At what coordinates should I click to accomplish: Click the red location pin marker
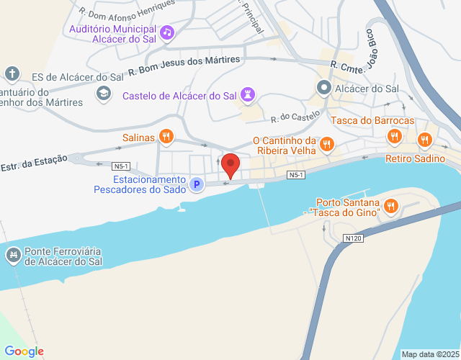click(230, 165)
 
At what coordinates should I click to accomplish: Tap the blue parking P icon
click(195, 185)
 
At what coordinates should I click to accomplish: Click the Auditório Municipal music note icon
click(167, 32)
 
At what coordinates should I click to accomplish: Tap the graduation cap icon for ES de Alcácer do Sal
click(104, 92)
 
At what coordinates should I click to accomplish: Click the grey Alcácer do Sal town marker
click(324, 89)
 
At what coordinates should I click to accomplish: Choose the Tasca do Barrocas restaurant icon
click(394, 135)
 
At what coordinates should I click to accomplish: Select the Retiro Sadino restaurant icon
click(425, 140)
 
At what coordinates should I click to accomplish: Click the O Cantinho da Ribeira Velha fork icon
click(327, 143)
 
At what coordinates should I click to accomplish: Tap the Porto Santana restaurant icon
click(391, 207)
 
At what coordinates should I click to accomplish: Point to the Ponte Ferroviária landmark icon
click(13, 255)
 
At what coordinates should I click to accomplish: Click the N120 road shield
click(352, 237)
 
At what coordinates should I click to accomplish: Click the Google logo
click(24, 351)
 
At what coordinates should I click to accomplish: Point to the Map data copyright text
click(430, 354)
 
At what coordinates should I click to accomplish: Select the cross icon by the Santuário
click(12, 73)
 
